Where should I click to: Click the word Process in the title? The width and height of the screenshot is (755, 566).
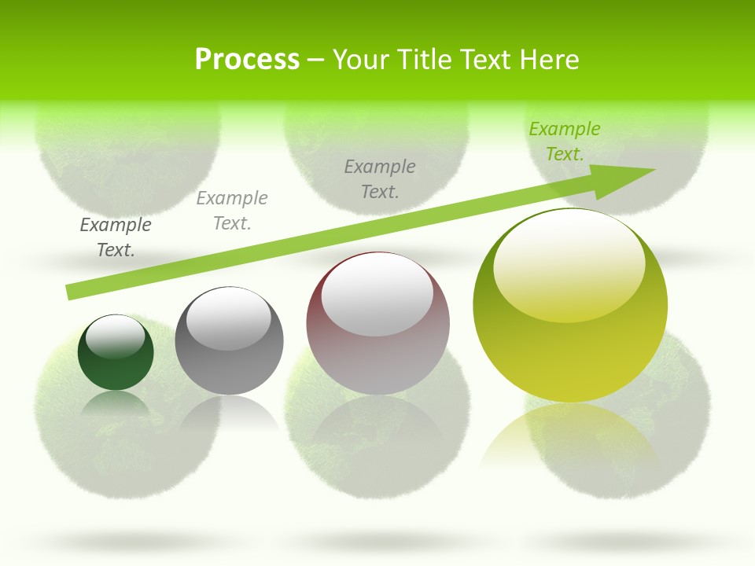(x=247, y=60)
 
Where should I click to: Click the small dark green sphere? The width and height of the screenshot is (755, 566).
(x=116, y=352)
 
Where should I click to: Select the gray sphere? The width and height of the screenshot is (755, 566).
(x=229, y=341)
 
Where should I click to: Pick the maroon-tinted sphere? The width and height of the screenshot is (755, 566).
(x=377, y=324)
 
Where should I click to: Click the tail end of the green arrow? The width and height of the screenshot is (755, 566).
(x=71, y=292)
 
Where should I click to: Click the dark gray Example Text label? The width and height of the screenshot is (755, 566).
(x=116, y=237)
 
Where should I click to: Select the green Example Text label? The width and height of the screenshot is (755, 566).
(x=564, y=141)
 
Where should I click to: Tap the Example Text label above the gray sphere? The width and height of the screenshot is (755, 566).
(x=232, y=211)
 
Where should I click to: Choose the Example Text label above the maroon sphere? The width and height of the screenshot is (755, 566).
(x=380, y=178)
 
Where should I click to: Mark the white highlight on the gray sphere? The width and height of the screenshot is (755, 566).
(x=228, y=318)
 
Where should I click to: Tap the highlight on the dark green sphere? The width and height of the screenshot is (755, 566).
(x=116, y=336)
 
